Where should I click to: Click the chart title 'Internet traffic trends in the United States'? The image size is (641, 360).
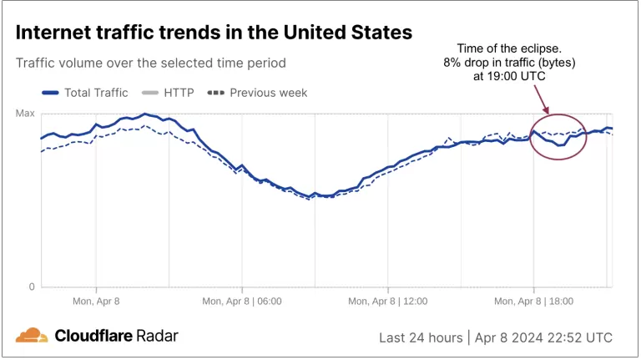214,33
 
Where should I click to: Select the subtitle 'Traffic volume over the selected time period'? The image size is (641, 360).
151,63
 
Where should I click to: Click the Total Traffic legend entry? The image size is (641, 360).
85,93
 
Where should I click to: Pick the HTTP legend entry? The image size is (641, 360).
168,93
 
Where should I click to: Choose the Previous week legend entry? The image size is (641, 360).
257,93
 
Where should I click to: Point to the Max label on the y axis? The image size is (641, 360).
25,114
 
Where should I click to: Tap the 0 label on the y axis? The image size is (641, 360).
32,286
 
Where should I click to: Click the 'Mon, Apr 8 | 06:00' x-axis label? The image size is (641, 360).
242,302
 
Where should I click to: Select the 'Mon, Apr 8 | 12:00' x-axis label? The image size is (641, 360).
388,302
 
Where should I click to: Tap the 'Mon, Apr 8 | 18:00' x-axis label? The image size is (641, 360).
534,302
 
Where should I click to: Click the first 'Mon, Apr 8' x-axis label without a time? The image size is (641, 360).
96,302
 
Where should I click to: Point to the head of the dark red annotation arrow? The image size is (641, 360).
548,112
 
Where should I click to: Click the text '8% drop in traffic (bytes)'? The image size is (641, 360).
509,62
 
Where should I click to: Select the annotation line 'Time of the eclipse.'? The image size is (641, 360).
509,48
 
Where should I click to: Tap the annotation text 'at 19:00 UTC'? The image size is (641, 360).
509,76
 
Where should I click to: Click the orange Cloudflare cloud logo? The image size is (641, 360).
32,335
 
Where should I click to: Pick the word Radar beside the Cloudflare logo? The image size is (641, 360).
157,336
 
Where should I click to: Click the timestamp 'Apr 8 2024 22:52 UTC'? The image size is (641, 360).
543,338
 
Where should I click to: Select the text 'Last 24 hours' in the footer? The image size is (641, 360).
421,338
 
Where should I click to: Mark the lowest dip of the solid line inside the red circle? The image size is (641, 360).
559,145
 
